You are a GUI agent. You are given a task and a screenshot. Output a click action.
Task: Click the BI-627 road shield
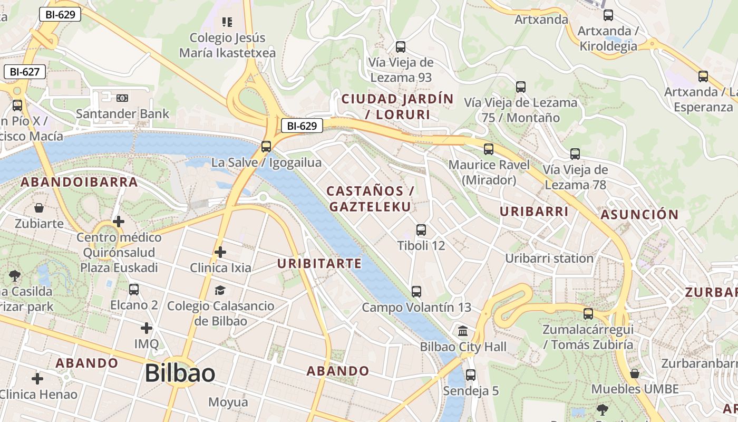pyautogui.click(x=24, y=72)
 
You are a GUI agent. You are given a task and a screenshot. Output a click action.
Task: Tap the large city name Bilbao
pyautogui.click(x=180, y=373)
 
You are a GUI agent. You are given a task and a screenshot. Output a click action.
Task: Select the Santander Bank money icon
pyautogui.click(x=122, y=98)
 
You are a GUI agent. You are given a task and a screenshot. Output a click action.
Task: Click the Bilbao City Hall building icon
pyautogui.click(x=463, y=331)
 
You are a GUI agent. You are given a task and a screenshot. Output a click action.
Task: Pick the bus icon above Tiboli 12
pyautogui.click(x=421, y=230)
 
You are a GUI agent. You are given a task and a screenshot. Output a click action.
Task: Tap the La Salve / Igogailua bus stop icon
pyautogui.click(x=266, y=147)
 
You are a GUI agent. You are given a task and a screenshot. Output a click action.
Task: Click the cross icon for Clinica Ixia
pyautogui.click(x=220, y=252)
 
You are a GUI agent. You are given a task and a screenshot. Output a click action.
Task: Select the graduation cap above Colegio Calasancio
pyautogui.click(x=220, y=290)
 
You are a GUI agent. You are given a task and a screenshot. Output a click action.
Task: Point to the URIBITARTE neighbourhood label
pyautogui.click(x=319, y=263)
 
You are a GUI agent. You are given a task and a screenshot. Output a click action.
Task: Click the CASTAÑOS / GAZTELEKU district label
pyautogui.click(x=370, y=199)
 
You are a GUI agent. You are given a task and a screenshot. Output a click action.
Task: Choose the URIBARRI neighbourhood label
pyautogui.click(x=534, y=212)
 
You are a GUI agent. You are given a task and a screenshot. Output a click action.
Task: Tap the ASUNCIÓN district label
pyautogui.click(x=639, y=215)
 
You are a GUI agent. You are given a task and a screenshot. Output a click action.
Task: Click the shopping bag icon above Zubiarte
pyautogui.click(x=38, y=208)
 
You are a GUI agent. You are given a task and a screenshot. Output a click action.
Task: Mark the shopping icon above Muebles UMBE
pyautogui.click(x=635, y=373)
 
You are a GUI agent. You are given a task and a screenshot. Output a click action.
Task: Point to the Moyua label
pyautogui.click(x=228, y=402)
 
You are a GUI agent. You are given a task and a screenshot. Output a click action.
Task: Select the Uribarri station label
pyautogui.click(x=549, y=258)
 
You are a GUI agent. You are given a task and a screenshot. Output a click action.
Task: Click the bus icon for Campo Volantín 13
pyautogui.click(x=416, y=291)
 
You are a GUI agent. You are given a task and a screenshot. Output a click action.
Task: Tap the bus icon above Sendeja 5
pyautogui.click(x=471, y=375)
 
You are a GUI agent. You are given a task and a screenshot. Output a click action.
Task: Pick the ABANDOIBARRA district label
pyautogui.click(x=79, y=183)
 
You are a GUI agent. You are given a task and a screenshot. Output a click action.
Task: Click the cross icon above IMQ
pyautogui.click(x=147, y=328)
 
